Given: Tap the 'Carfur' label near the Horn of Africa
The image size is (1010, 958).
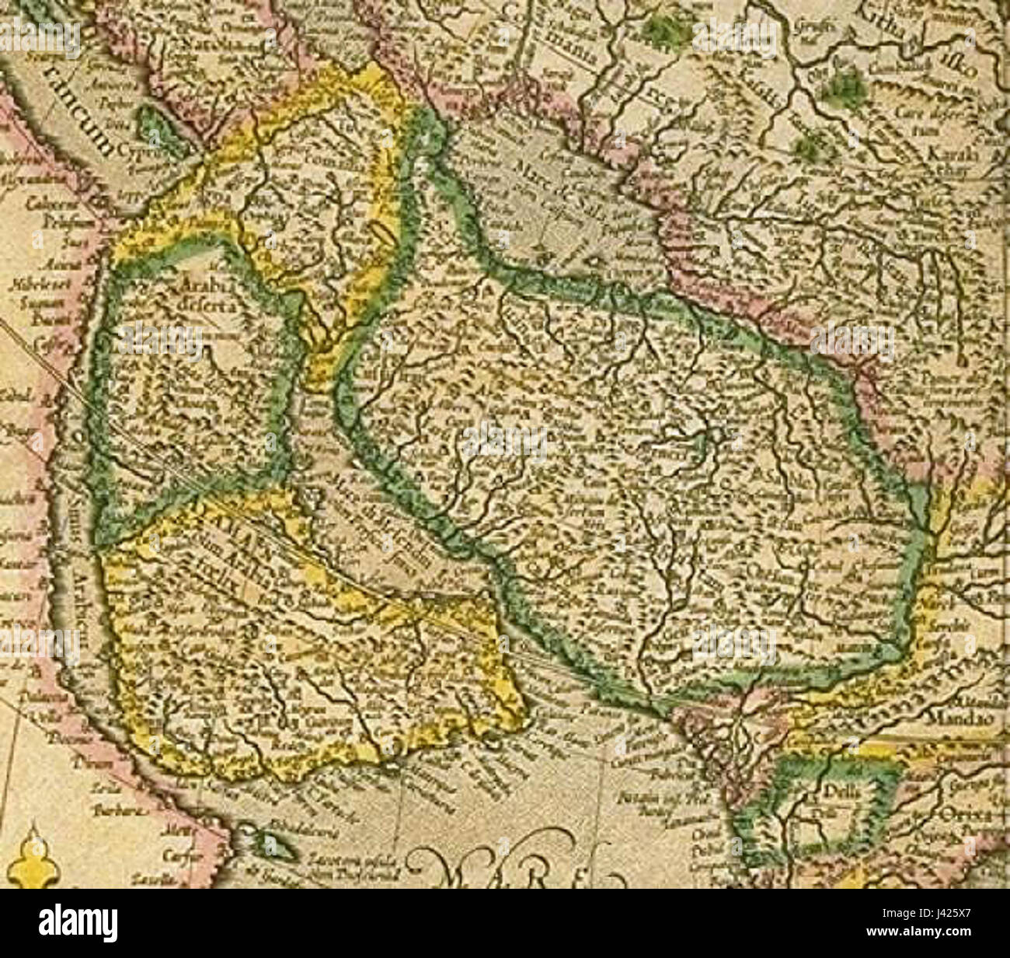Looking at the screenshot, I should click(177, 852).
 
